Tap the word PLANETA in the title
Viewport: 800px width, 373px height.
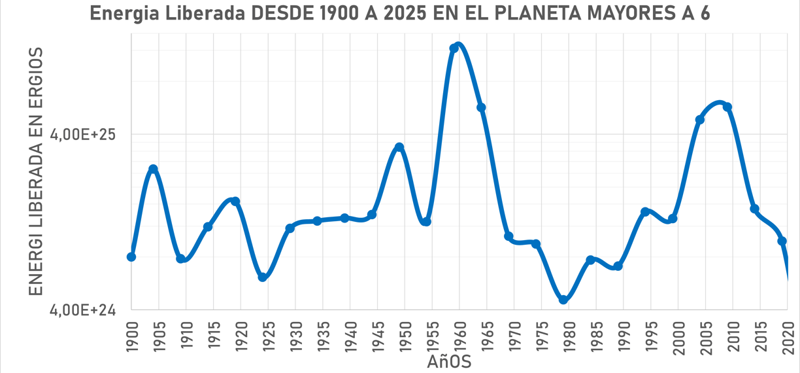pyautogui.click(x=536, y=14)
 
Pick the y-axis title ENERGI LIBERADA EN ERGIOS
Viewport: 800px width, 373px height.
pyautogui.click(x=36, y=171)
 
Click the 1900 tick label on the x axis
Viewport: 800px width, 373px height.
pyautogui.click(x=131, y=335)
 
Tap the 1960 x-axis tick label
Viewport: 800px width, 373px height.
pyautogui.click(x=459, y=335)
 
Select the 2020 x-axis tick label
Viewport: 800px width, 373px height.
pyautogui.click(x=788, y=335)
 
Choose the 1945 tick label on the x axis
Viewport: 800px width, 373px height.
pyautogui.click(x=377, y=335)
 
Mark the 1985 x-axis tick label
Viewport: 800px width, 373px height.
pyautogui.click(x=596, y=335)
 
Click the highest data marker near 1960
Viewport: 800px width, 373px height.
pyautogui.click(x=454, y=48)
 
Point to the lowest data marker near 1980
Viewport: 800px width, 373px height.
pyautogui.click(x=563, y=300)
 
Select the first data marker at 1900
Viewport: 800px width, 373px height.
pyautogui.click(x=131, y=257)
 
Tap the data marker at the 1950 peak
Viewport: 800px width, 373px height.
pyautogui.click(x=399, y=147)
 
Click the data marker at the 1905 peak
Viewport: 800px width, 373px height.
pyautogui.click(x=153, y=169)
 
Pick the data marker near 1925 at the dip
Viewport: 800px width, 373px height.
pyautogui.click(x=262, y=277)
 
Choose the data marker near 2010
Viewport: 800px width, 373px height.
pyautogui.click(x=727, y=107)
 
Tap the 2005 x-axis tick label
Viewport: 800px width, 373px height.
pyautogui.click(x=706, y=335)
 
